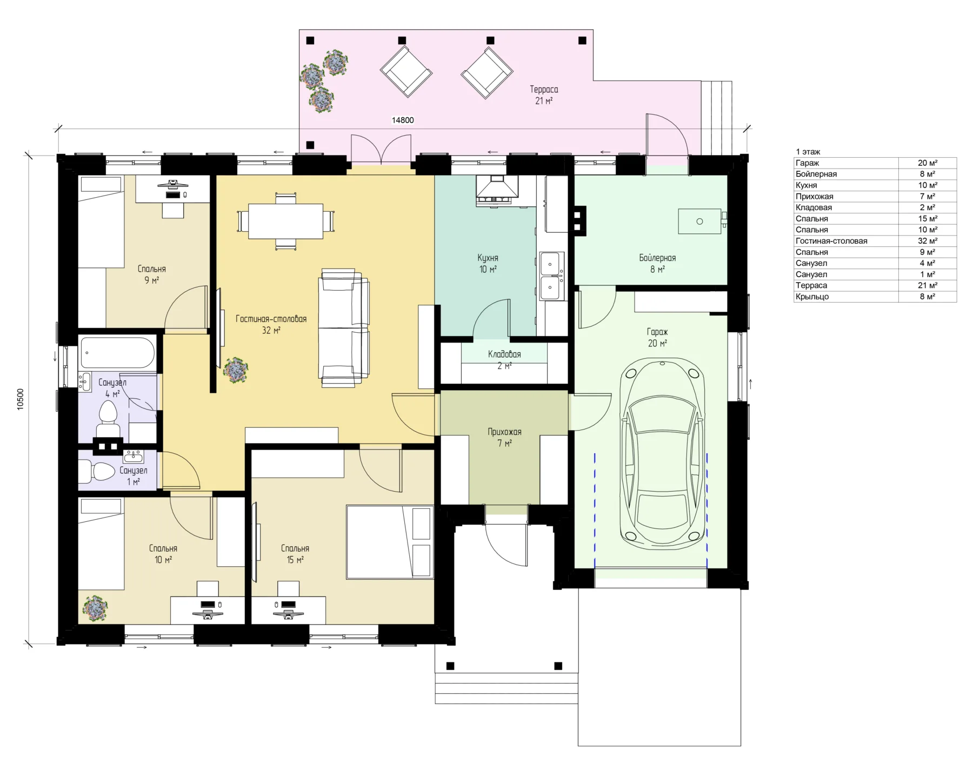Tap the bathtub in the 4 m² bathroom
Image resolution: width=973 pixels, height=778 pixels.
(117, 353)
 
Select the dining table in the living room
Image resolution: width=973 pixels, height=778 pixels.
(285, 221)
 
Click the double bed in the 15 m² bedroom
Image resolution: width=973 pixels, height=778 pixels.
(390, 542)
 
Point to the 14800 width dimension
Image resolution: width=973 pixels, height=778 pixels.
(403, 120)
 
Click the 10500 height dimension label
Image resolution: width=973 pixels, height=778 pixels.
(21, 399)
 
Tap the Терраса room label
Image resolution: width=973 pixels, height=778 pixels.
(544, 89)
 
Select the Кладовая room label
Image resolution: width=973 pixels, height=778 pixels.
(504, 354)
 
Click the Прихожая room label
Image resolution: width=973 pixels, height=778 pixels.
(504, 432)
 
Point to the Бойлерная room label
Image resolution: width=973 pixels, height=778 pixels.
(657, 258)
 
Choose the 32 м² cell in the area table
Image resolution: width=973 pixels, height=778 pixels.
(928, 241)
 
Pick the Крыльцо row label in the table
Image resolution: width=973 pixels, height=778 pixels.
(812, 297)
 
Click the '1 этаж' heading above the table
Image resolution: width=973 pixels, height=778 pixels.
(808, 152)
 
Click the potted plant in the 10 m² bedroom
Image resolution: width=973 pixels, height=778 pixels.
(95, 608)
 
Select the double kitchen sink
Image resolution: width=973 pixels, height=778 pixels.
(552, 276)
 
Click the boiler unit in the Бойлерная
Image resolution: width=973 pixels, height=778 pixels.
(700, 222)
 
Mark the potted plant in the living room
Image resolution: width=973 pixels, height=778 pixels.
(236, 370)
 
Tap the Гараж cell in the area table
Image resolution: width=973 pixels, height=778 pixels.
(807, 163)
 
